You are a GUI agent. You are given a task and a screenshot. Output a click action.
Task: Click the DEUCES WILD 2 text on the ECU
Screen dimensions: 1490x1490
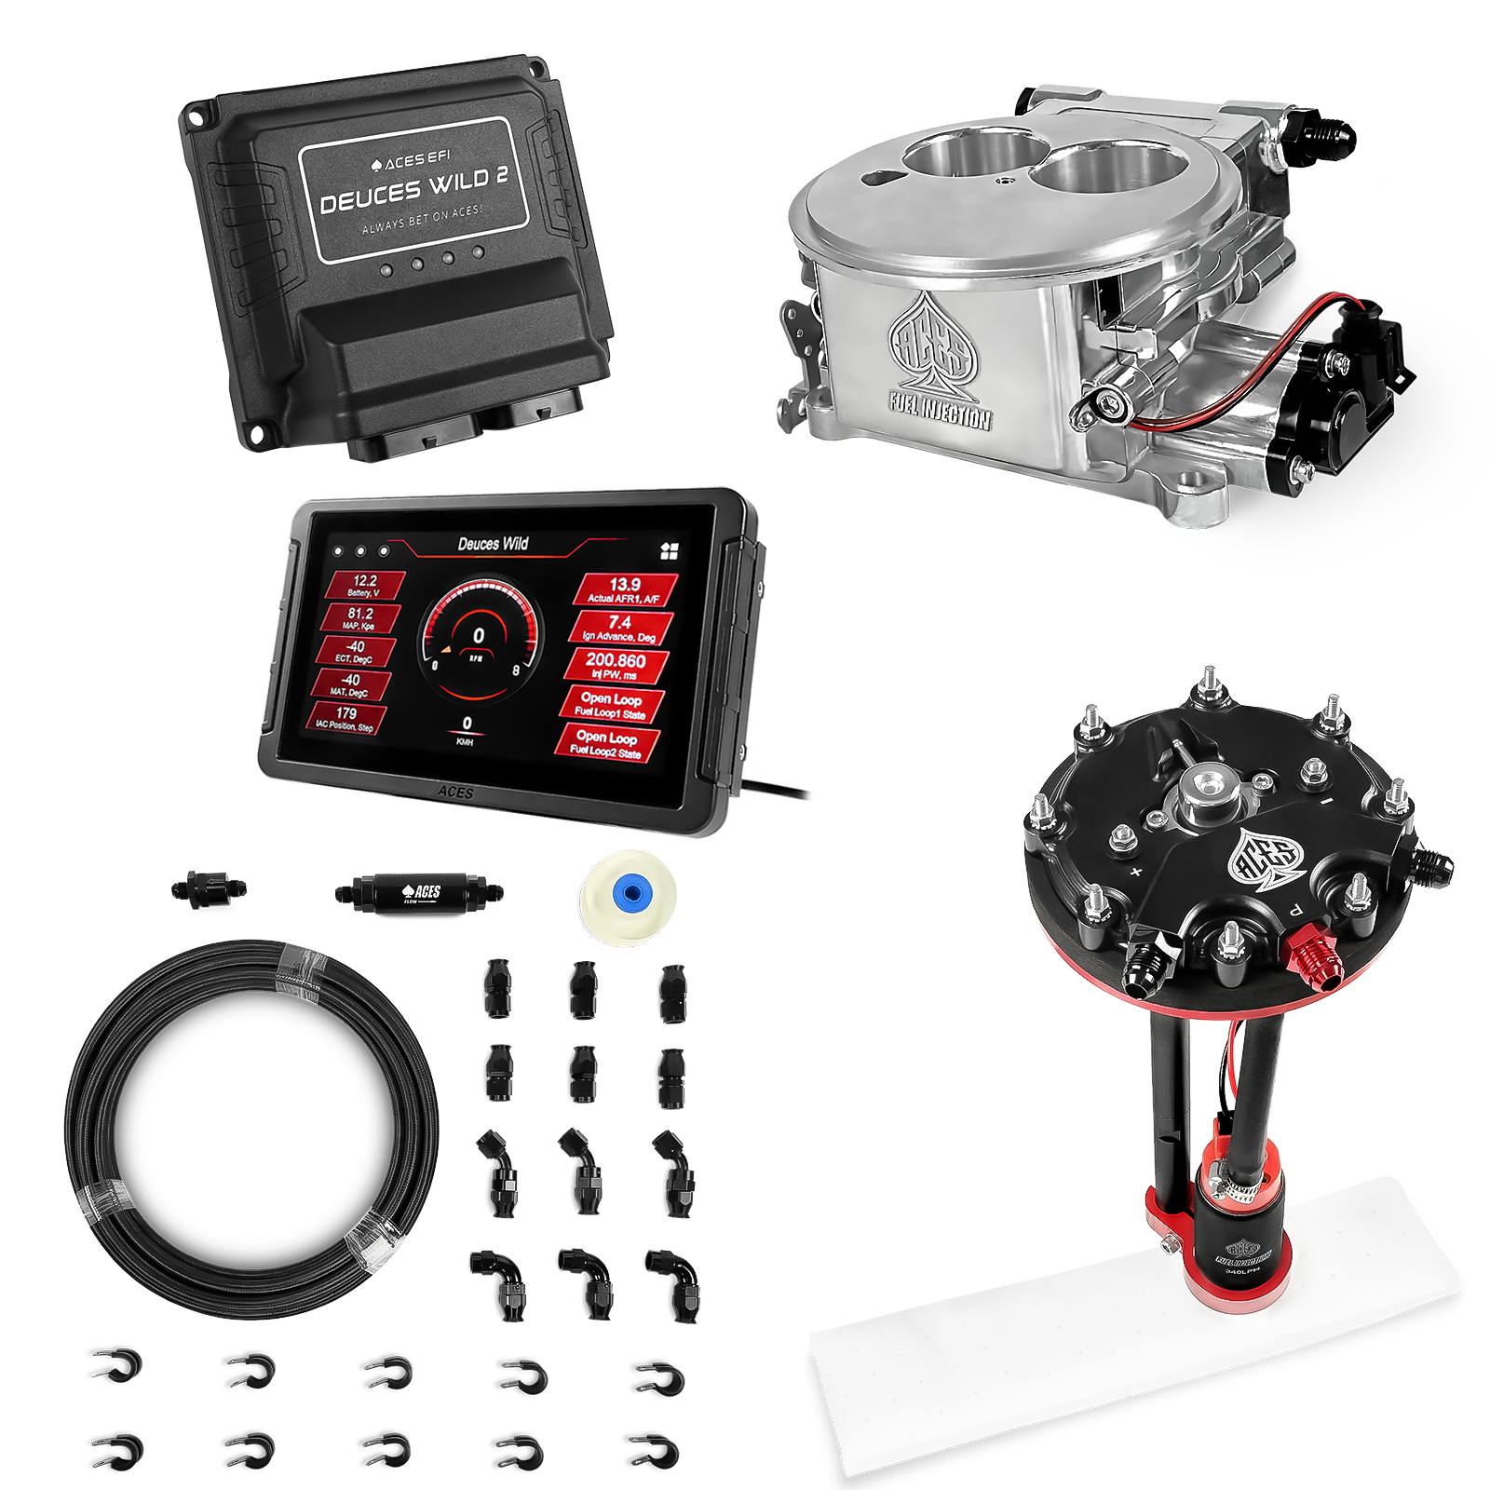[x=413, y=193]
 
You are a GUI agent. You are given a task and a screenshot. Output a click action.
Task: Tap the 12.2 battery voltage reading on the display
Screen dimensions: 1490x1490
[x=364, y=585]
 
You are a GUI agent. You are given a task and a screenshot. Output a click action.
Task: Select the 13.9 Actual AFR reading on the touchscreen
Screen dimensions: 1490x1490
[x=624, y=589]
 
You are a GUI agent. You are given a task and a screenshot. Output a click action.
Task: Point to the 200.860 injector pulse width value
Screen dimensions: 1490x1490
[x=615, y=664]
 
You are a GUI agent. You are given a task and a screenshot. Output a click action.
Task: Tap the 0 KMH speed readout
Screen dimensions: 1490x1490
[x=466, y=728]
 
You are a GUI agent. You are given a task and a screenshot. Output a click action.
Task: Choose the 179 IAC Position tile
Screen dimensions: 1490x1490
[x=345, y=717]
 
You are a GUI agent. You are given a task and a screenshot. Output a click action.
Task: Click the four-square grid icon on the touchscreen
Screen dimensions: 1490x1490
[x=669, y=551]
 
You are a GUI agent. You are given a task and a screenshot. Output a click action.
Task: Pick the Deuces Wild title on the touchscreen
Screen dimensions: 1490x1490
[x=493, y=544]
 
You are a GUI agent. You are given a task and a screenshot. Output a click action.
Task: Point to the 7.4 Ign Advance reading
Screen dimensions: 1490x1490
[x=619, y=627]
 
